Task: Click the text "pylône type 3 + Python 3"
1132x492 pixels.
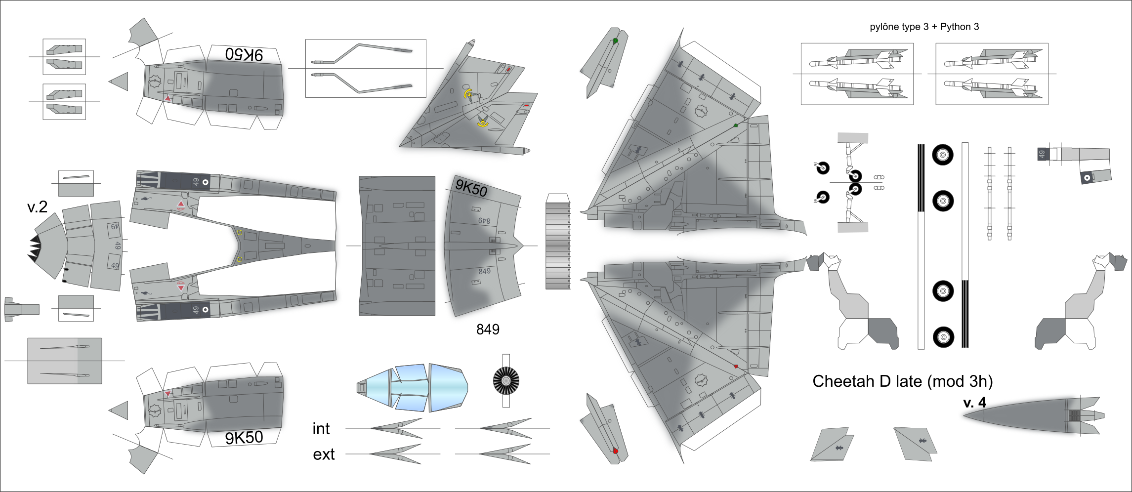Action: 924,27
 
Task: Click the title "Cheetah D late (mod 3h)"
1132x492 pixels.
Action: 902,381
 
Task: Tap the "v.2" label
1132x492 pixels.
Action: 37,207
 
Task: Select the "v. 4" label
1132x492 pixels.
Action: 974,403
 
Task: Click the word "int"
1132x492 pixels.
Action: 321,429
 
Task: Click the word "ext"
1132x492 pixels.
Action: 324,454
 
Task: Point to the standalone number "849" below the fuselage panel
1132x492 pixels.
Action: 488,329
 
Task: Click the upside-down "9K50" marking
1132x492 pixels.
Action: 244,54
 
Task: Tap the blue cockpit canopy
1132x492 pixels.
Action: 412,388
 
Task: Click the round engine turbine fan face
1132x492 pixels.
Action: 506,381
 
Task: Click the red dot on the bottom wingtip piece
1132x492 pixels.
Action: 615,451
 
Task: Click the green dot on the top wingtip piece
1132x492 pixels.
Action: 615,41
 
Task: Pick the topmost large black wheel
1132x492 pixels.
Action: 943,155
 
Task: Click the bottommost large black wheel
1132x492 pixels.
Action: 943,337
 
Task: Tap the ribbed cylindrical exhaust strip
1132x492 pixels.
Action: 558,246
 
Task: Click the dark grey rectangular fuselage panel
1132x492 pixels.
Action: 397,246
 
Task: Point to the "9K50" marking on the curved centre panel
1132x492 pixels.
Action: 471,188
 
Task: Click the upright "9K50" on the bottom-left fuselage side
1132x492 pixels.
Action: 244,438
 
